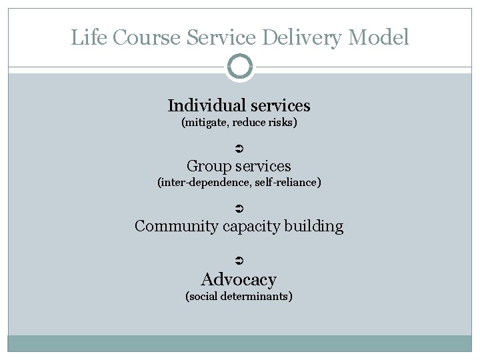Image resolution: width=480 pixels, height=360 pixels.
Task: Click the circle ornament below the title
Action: pos(239,67)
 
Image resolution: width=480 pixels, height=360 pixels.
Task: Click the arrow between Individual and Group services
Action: pos(240,147)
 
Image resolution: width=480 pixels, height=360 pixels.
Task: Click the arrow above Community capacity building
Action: pos(240,209)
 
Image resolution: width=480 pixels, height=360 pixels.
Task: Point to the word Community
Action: pos(177,226)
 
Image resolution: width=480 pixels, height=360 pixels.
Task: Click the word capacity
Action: pos(252,227)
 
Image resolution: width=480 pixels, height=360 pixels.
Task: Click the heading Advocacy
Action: pos(239,279)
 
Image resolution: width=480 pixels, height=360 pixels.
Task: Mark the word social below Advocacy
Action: pos(203,296)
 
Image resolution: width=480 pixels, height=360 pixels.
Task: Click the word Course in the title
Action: pos(146,37)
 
